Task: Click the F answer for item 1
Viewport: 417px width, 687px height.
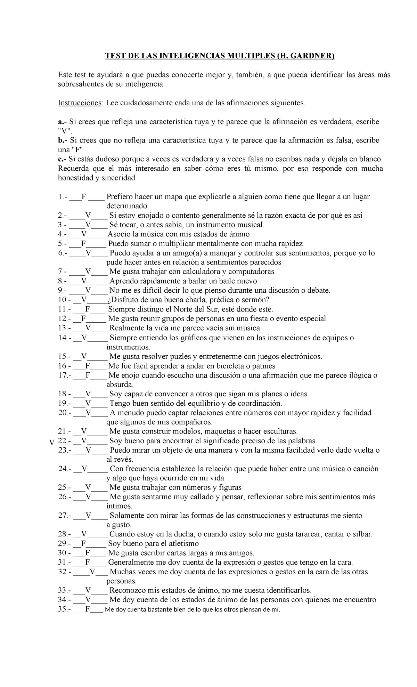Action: (84, 197)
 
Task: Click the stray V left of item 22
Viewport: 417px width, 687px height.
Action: (51, 443)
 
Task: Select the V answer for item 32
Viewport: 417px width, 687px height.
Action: (92, 572)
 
